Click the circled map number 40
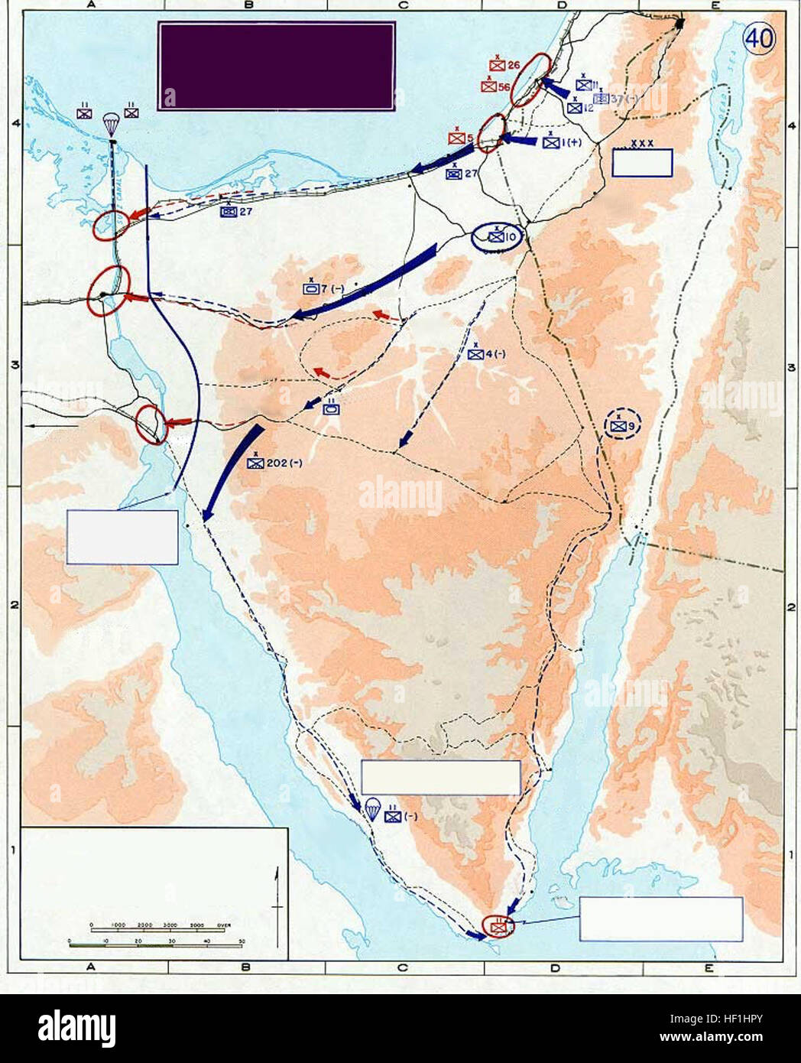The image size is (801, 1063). [759, 39]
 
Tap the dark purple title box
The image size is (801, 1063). [276, 66]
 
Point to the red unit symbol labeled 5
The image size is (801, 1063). [457, 138]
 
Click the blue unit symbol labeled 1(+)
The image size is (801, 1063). [552, 142]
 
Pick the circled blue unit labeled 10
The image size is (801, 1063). [497, 238]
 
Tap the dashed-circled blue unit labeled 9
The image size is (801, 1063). [618, 426]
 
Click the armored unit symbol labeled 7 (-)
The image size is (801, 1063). [312, 289]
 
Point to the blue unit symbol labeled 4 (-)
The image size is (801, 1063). [476, 354]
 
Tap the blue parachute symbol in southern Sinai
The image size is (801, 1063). [372, 808]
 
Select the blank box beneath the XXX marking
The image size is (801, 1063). [642, 163]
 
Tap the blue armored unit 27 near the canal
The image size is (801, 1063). [228, 211]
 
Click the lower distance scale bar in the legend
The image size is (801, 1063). [155, 945]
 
